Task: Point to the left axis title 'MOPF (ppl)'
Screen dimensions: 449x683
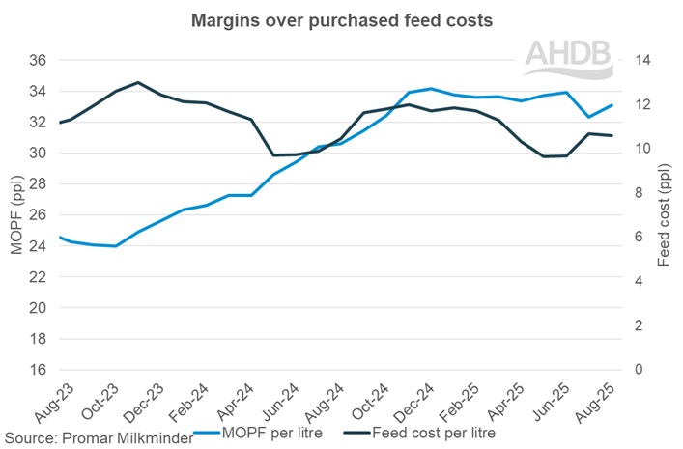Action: pos(15,214)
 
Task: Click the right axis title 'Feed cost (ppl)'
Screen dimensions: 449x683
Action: pos(665,214)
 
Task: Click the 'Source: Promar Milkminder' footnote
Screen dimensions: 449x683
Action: pos(97,437)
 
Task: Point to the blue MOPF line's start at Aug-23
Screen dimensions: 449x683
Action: pos(60,237)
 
